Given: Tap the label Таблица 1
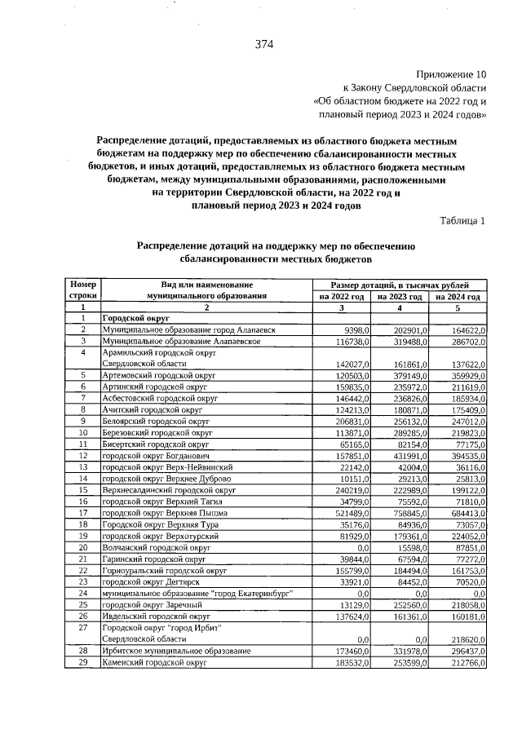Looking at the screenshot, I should point(462,221).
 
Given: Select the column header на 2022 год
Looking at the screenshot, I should point(342,296).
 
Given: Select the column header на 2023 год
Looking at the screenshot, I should point(400,296).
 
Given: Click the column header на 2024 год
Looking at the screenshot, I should point(458,296).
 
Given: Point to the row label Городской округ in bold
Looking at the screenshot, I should point(135,318).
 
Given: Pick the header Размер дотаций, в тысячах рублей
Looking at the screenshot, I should point(399,283).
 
